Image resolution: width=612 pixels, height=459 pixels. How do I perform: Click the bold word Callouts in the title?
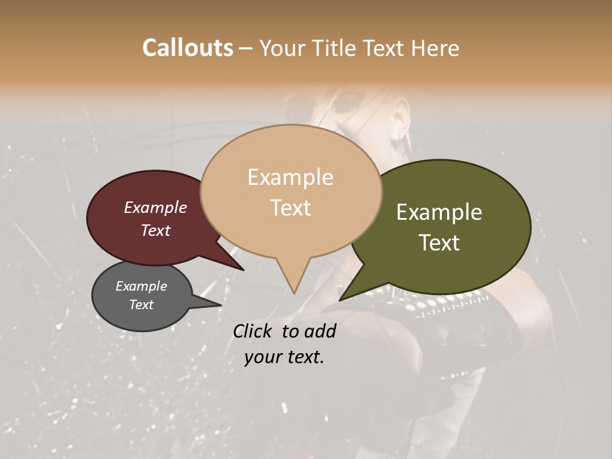click(x=187, y=48)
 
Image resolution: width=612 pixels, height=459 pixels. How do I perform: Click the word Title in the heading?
click(x=333, y=48)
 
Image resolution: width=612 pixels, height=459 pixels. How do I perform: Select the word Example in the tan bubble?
click(x=290, y=177)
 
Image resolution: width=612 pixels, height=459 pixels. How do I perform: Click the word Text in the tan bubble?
click(x=291, y=208)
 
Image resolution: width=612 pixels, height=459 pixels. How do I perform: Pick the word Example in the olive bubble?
click(x=439, y=212)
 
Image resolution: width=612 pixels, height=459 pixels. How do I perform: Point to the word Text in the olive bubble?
click(x=439, y=243)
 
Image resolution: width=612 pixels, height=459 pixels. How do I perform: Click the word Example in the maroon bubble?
click(x=155, y=207)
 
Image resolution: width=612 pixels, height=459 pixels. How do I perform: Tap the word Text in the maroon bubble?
click(x=155, y=230)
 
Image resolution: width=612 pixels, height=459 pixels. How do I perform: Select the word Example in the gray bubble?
click(x=141, y=286)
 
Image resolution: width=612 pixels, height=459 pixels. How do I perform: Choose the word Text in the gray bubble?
click(x=141, y=305)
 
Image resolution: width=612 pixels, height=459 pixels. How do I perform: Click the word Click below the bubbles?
click(x=254, y=331)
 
